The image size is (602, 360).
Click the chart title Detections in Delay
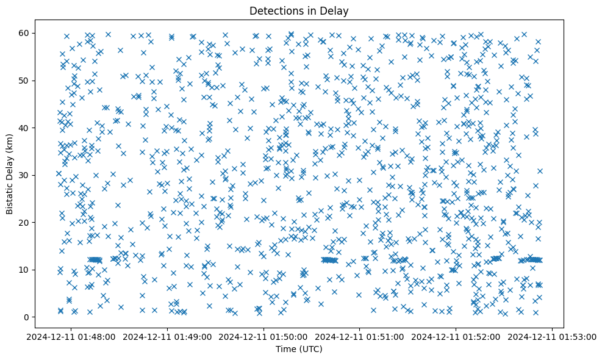(x=299, y=10)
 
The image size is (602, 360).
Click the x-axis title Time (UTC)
(x=299, y=349)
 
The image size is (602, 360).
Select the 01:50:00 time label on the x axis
(x=264, y=336)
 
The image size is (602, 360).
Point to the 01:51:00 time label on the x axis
(x=360, y=336)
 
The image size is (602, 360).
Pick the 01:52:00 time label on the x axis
(x=456, y=336)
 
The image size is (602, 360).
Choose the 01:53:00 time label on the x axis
(x=553, y=336)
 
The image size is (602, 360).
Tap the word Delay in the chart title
(x=335, y=10)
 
